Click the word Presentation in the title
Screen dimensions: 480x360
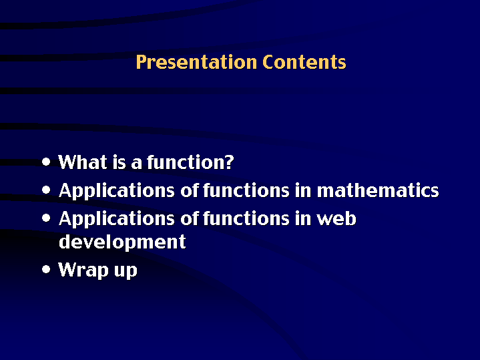(196, 63)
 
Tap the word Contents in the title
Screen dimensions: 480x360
(304, 62)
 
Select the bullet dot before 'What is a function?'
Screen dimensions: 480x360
(46, 162)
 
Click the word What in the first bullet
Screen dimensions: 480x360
(83, 162)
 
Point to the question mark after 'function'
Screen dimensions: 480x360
(229, 162)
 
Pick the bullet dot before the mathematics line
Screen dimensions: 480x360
(46, 190)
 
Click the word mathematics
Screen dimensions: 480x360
(378, 190)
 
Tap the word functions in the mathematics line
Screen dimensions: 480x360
(246, 190)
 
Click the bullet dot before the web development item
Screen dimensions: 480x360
(46, 218)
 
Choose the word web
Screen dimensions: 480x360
(336, 219)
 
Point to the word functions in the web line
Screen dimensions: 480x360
(246, 218)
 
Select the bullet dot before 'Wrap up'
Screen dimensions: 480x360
(46, 269)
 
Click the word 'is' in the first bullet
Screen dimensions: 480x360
(119, 162)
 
